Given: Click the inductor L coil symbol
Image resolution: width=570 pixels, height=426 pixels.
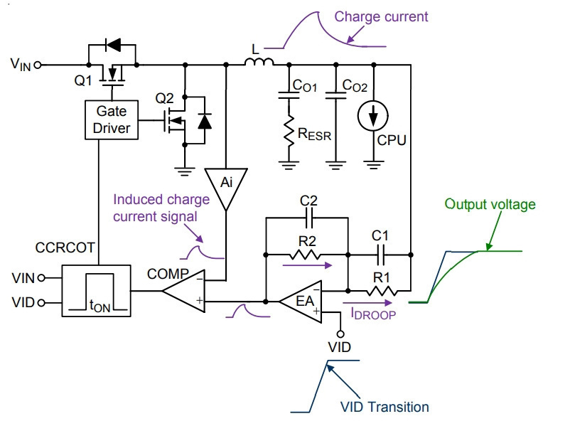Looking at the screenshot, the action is point(259,62).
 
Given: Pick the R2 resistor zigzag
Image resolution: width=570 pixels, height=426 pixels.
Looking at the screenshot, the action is point(306,255).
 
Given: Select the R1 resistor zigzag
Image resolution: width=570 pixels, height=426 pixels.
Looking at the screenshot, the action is point(382,291).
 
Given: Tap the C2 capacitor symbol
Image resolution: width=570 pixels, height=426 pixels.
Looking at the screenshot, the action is point(309,218).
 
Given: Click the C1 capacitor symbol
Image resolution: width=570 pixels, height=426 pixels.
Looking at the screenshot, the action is point(381,255).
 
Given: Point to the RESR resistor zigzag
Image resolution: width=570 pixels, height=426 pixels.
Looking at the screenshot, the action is point(289,131).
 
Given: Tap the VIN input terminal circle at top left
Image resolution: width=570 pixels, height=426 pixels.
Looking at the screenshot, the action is point(38,65).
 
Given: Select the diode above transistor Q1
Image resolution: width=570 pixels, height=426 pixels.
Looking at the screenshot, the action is point(113,45).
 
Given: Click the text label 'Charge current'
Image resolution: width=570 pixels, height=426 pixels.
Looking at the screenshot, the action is point(381,17).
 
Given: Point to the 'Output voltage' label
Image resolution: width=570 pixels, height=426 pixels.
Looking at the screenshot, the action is point(490,204).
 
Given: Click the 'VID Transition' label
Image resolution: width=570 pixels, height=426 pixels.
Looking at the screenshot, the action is point(385,407).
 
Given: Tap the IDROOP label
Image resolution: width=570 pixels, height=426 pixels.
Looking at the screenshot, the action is point(373,314).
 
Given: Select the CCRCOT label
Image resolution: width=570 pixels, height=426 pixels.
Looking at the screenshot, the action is point(65,247).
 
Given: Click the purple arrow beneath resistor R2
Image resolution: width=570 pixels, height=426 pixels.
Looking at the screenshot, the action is point(307,265).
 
